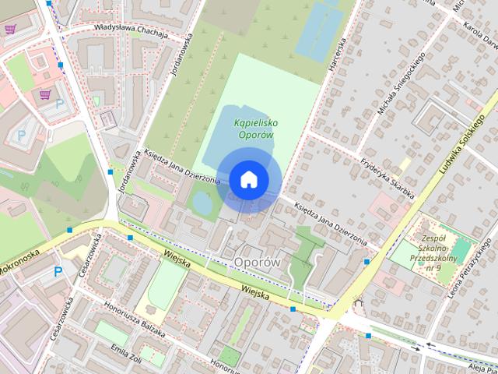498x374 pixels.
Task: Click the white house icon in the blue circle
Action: tap(248, 179)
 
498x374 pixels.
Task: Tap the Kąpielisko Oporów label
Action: tap(257, 129)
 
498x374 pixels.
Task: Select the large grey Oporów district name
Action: tap(257, 262)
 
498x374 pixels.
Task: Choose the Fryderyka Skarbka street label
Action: tap(384, 178)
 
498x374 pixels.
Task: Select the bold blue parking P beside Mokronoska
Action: tap(57, 272)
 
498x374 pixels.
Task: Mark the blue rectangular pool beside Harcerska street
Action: tap(318, 31)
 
